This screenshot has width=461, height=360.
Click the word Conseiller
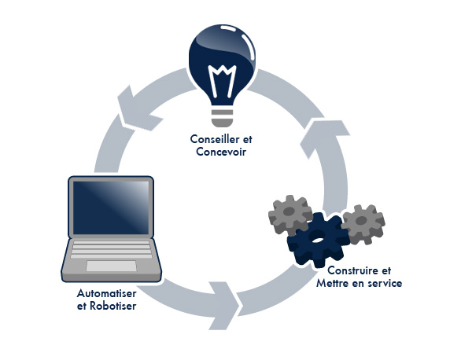214,139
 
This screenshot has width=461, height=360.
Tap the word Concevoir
221,152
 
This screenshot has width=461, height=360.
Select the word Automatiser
106,293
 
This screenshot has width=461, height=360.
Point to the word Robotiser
113,306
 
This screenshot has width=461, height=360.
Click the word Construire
352,270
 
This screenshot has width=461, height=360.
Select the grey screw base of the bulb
223,117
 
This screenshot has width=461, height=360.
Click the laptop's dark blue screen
111,208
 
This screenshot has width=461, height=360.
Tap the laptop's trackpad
111,266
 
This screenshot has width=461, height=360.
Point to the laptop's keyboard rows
111,249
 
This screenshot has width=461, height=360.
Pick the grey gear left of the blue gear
290,215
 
